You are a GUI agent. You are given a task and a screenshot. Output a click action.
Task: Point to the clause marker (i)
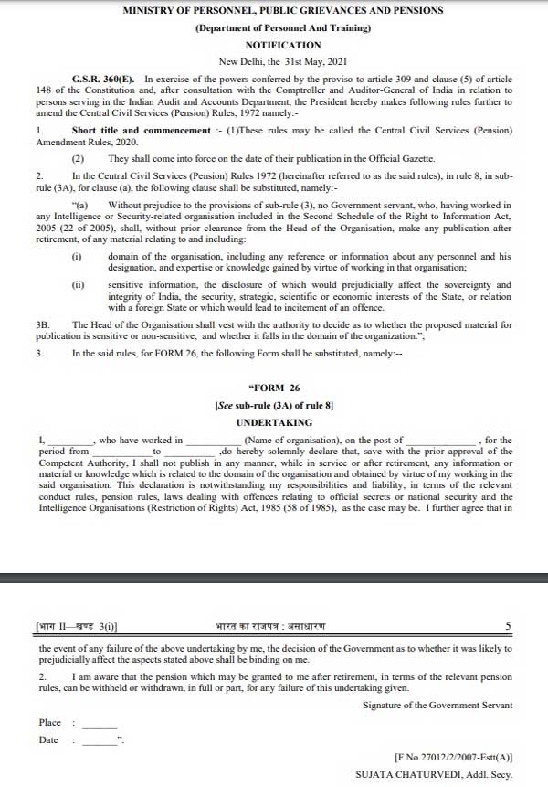coord(77,255)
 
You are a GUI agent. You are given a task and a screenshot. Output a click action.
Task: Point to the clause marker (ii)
coord(78,285)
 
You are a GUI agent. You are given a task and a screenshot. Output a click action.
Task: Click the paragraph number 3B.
coord(42,324)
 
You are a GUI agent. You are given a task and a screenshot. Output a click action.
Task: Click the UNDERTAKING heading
coord(277,423)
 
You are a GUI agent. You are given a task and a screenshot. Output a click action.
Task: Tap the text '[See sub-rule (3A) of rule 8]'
coord(277,404)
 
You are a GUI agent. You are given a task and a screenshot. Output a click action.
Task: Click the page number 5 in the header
coord(508,626)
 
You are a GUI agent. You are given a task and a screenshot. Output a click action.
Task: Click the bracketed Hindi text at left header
coord(77,626)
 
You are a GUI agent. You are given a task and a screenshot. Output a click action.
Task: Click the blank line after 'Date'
coord(100,742)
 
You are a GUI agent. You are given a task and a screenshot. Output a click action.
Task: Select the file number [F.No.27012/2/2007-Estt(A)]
coord(453,759)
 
